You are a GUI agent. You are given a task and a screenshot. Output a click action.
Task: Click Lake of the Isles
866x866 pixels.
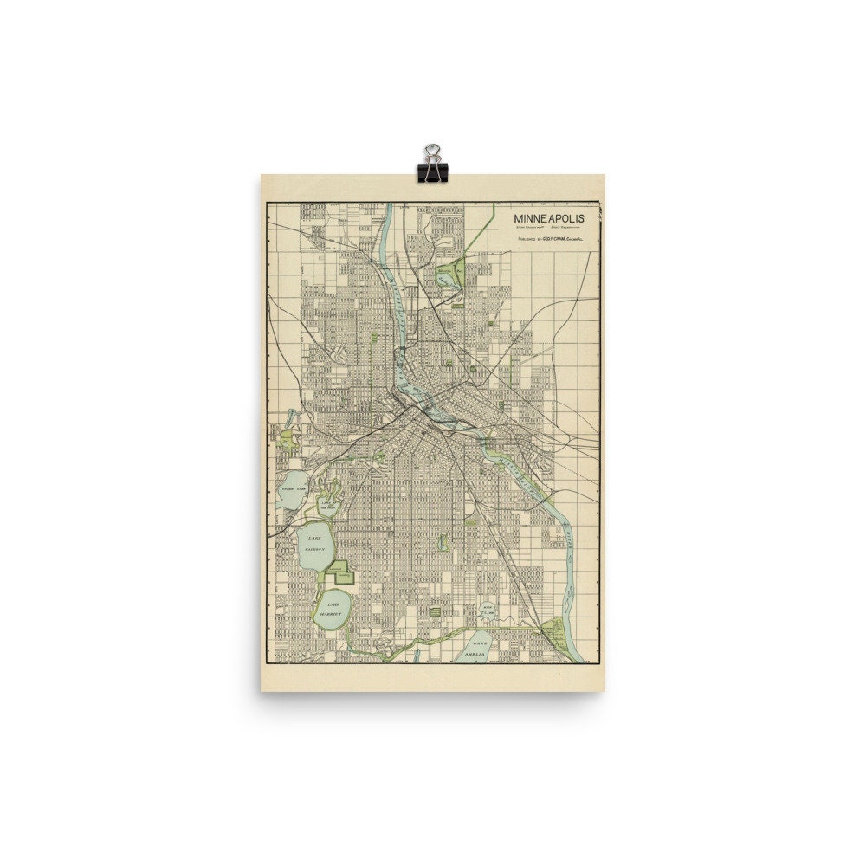pos(329,501)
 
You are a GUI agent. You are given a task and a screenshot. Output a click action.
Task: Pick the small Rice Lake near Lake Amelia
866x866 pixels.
pos(487,612)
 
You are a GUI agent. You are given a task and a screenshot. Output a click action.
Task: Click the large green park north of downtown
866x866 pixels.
pos(449,275)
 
